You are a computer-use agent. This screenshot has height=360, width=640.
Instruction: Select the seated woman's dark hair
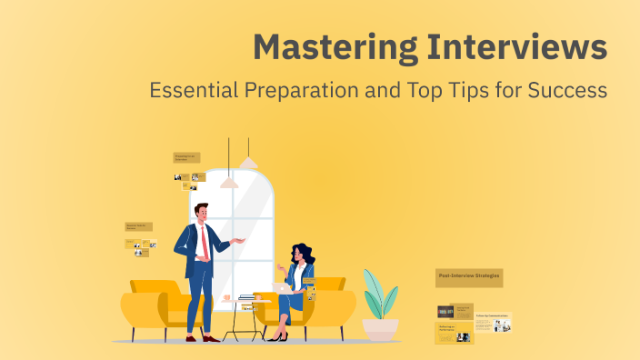point(303,255)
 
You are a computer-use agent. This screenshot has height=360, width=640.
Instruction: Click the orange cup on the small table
point(226,297)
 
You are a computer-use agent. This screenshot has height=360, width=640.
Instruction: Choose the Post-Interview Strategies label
point(469,276)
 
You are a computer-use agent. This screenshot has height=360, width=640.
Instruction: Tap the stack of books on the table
point(246,297)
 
